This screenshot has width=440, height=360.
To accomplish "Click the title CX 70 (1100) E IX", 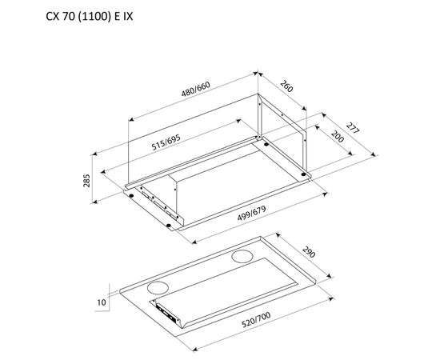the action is point(90,17).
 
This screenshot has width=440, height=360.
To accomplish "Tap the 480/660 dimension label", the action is point(195,89).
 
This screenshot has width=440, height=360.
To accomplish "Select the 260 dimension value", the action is point(286,86).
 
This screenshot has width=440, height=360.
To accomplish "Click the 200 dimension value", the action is point(338,136).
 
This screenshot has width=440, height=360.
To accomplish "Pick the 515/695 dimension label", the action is point(166,142).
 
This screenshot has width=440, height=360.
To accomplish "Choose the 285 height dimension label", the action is point(86,181).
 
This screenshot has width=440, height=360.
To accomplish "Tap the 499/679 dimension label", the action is point(251,213).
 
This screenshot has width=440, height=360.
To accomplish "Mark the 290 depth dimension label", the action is point(309,252).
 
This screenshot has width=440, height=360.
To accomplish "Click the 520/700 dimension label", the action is point(256,319).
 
